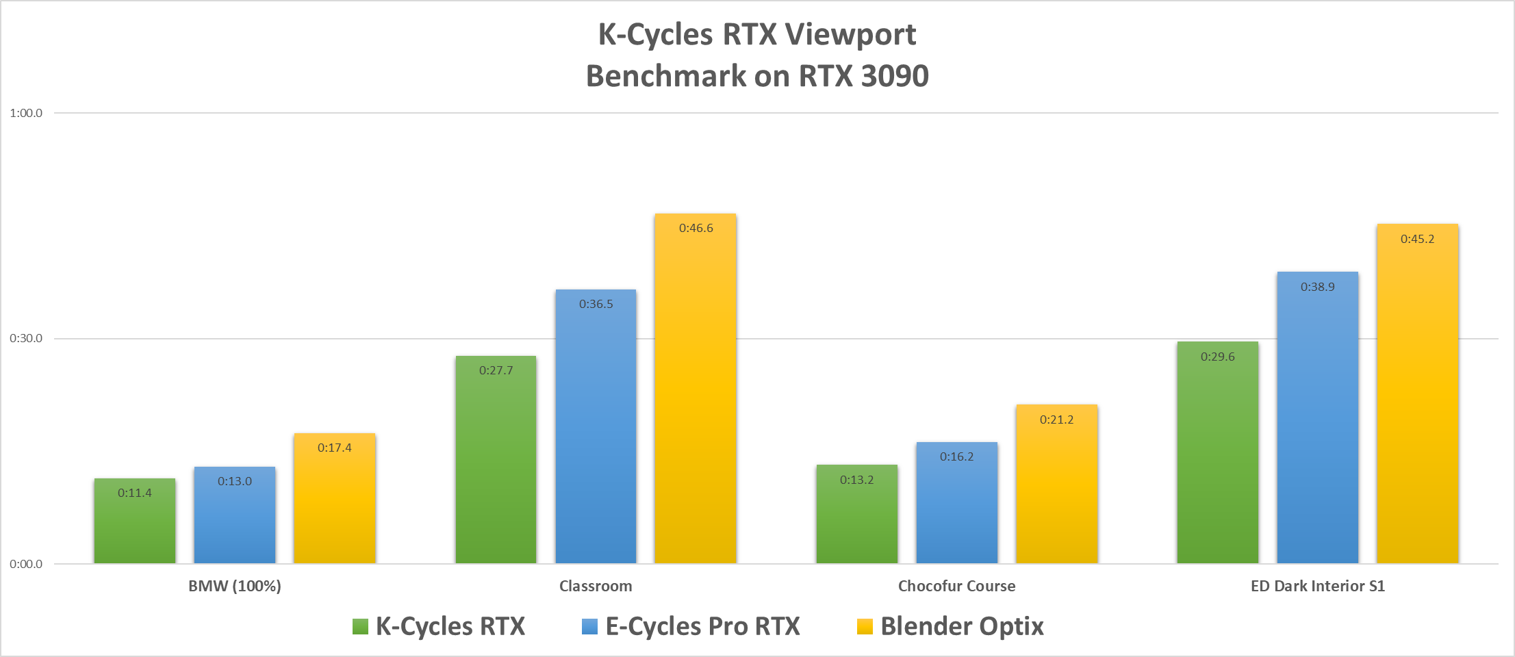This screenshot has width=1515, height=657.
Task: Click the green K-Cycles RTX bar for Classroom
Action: click(496, 465)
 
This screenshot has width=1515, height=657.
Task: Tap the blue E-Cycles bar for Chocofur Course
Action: click(956, 506)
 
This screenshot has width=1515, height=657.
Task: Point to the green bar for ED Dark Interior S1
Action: click(1217, 459)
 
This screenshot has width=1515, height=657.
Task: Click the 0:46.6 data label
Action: click(696, 228)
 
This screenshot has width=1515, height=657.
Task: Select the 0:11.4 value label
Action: click(135, 493)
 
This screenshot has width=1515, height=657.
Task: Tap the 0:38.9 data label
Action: click(1317, 287)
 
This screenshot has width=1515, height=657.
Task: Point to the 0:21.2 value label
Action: click(1056, 420)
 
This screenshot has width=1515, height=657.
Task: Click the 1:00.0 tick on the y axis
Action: click(26, 113)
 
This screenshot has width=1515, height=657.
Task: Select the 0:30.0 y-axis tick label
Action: click(26, 338)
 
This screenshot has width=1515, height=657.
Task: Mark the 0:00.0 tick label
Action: click(26, 564)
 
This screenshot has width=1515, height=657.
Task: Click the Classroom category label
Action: click(596, 586)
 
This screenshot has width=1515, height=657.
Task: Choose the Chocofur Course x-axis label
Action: click(956, 586)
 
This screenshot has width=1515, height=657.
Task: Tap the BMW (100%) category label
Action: click(235, 586)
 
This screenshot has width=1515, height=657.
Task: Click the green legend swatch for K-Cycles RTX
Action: click(360, 626)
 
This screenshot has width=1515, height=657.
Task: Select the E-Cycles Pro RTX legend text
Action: click(702, 626)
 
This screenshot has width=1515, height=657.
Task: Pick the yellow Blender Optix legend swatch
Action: click(865, 626)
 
